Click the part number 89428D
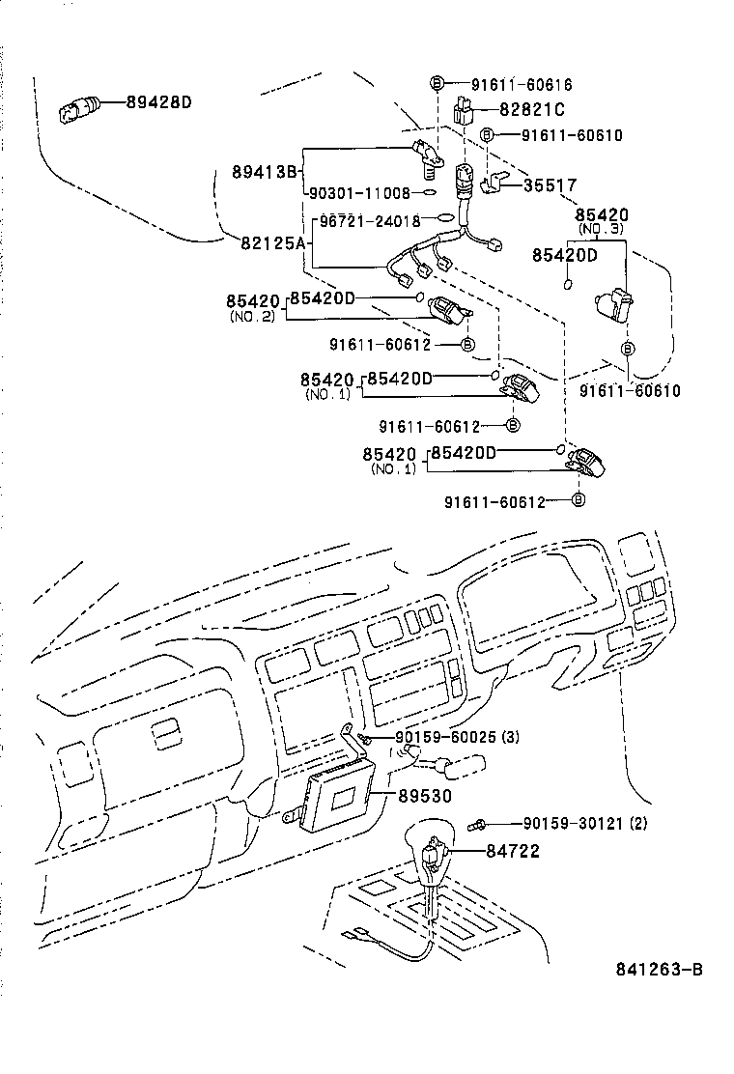click(159, 101)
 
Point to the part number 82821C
click(532, 110)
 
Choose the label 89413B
click(264, 172)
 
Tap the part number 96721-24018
click(372, 220)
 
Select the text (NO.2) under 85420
click(253, 317)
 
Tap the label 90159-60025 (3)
click(458, 738)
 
